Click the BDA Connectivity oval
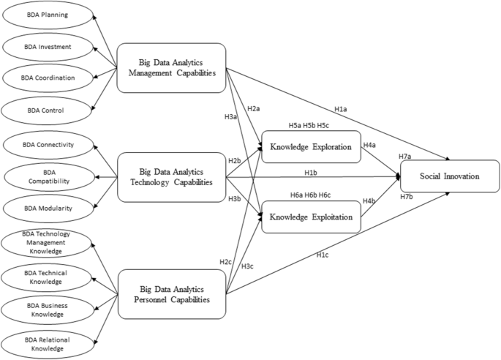pyautogui.click(x=49, y=144)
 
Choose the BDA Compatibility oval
pyautogui.click(x=49, y=176)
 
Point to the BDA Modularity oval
pyautogui.click(x=49, y=207)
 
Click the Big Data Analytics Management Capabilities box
pyautogui.click(x=172, y=67)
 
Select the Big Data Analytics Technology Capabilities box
pyautogui.click(x=172, y=177)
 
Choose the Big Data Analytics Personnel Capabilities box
pyautogui.click(x=172, y=293)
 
